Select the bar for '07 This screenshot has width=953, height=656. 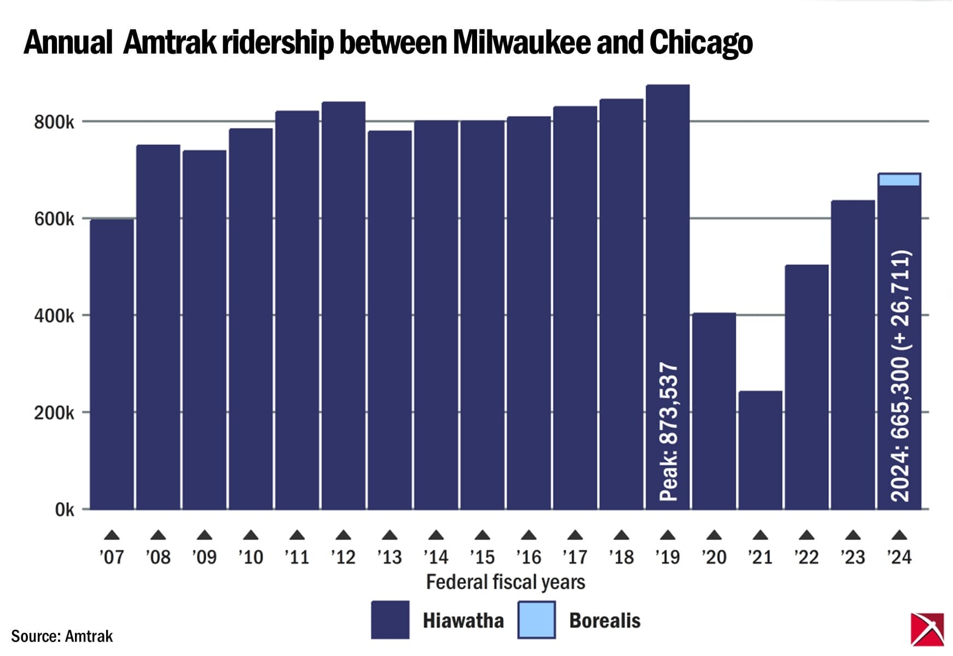(x=112, y=364)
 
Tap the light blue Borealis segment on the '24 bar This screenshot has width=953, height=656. (x=899, y=180)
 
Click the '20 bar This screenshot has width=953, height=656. (x=714, y=410)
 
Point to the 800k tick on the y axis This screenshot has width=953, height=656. (x=54, y=122)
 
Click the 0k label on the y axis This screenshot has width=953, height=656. (x=64, y=509)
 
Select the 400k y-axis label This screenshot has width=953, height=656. (x=54, y=316)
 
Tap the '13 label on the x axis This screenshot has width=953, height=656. (x=389, y=557)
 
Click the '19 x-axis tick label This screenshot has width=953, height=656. (x=667, y=557)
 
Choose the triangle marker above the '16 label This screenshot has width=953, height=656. (x=528, y=535)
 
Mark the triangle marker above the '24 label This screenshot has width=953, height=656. (x=899, y=535)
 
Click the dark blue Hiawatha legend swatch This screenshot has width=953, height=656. (x=390, y=619)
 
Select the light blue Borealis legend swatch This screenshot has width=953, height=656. (x=537, y=619)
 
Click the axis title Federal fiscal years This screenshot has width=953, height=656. (x=505, y=582)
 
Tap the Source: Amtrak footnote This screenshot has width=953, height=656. (x=62, y=636)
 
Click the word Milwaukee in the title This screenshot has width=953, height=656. (x=521, y=43)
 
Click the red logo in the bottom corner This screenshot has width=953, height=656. (x=927, y=629)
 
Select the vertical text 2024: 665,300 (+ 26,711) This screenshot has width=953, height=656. (x=900, y=376)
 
